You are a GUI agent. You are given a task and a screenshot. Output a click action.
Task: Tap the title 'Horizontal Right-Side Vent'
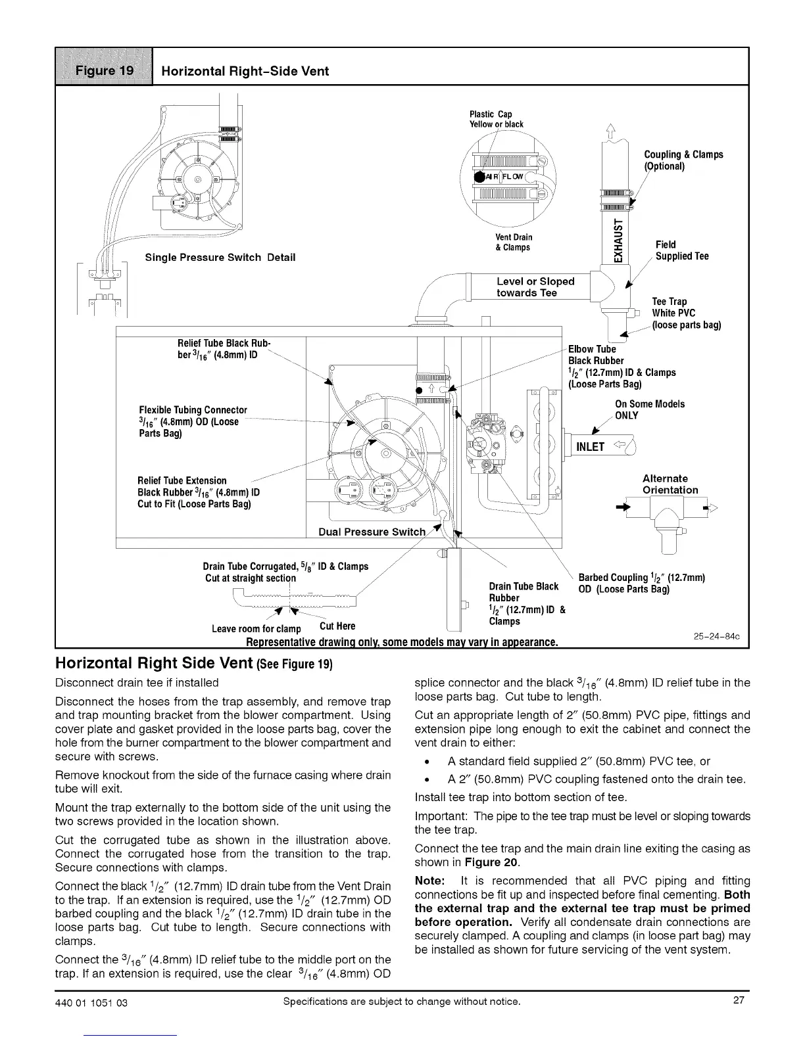click(245, 71)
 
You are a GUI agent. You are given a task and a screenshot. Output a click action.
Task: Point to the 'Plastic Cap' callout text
click(496, 114)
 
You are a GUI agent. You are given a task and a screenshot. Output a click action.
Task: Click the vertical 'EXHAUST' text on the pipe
click(616, 237)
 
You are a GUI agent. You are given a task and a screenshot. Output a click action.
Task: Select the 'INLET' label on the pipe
click(590, 447)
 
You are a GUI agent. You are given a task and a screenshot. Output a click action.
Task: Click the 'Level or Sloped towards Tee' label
click(535, 287)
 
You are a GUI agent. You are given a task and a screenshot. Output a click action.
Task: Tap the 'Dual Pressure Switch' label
click(372, 532)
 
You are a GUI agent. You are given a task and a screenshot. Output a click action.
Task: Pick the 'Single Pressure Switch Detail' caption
click(220, 257)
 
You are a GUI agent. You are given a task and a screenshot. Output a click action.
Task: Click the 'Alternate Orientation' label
click(670, 484)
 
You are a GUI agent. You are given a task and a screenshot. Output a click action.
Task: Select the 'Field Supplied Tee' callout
click(681, 250)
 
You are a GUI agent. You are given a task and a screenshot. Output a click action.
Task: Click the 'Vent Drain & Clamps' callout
click(514, 242)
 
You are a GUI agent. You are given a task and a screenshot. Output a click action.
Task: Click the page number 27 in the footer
click(739, 1001)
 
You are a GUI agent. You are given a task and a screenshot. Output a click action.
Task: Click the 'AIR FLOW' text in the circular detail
click(505, 177)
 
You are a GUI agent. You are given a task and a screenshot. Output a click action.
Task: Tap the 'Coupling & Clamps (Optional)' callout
click(683, 160)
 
